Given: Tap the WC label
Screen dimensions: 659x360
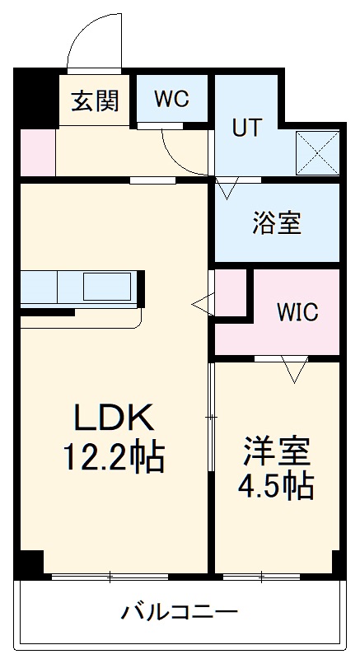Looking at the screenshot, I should coord(171,99).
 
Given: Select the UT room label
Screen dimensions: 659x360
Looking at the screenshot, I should coord(247,128).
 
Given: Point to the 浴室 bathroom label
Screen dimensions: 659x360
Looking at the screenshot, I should coord(276,223).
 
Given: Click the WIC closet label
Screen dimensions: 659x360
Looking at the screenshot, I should coord(297,313).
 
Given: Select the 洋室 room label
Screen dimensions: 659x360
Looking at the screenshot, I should coord(276,452).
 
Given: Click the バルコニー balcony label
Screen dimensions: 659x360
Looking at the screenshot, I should coord(180,612).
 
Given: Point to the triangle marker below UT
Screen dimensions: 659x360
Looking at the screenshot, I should coord(227,190).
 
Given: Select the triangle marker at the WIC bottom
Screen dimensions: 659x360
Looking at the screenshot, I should coord(293,370).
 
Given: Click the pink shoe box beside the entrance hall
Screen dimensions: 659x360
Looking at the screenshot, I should coord(37,153).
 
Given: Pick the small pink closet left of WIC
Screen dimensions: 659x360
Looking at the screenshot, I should coord(231,294).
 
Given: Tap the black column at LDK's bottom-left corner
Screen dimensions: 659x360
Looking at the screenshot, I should coord(30,564).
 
